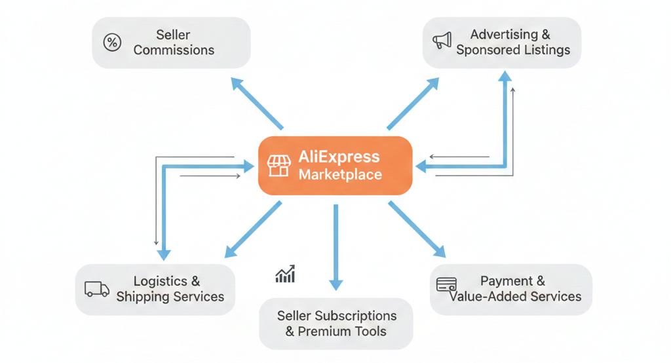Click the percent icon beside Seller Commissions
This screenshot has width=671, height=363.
[113, 43]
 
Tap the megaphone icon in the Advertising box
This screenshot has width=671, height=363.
[442, 41]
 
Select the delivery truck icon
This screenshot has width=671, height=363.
[97, 289]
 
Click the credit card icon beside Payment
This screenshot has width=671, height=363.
[446, 285]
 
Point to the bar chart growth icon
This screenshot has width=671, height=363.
[285, 274]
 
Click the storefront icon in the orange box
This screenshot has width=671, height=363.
[278, 166]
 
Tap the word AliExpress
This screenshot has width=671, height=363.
[339, 157]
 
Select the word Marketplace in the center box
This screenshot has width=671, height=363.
[340, 175]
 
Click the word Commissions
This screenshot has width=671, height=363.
[174, 50]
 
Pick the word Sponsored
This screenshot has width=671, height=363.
[484, 50]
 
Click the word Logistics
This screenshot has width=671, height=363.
[161, 281]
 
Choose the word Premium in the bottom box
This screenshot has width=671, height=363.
[326, 332]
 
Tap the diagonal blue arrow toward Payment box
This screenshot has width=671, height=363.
[416, 229]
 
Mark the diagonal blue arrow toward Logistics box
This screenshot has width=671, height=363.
[253, 229]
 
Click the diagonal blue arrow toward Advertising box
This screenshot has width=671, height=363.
[413, 104]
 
